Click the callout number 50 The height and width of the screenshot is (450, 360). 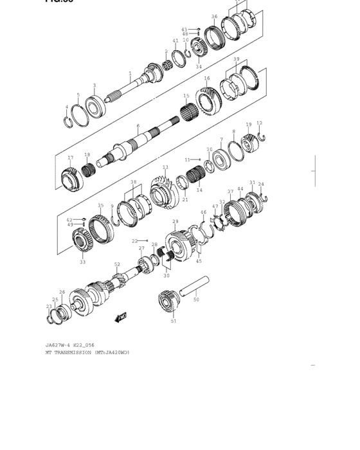(x=196, y=300)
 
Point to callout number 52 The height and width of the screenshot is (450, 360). (x=117, y=264)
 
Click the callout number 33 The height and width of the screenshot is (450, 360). (x=82, y=262)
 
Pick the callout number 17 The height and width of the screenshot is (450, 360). (x=70, y=157)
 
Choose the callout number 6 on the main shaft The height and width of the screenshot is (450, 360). (x=138, y=126)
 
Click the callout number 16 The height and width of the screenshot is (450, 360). (x=207, y=78)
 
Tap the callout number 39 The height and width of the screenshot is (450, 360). (x=237, y=59)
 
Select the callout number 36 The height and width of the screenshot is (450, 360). (x=215, y=17)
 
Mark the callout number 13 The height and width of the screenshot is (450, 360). (x=165, y=167)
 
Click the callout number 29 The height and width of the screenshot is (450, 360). (x=175, y=222)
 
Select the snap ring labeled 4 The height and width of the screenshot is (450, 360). (x=69, y=120)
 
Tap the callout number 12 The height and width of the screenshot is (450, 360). (x=260, y=123)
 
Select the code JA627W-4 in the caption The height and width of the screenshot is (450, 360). (x=55, y=345)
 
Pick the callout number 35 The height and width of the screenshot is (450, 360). (x=100, y=206)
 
